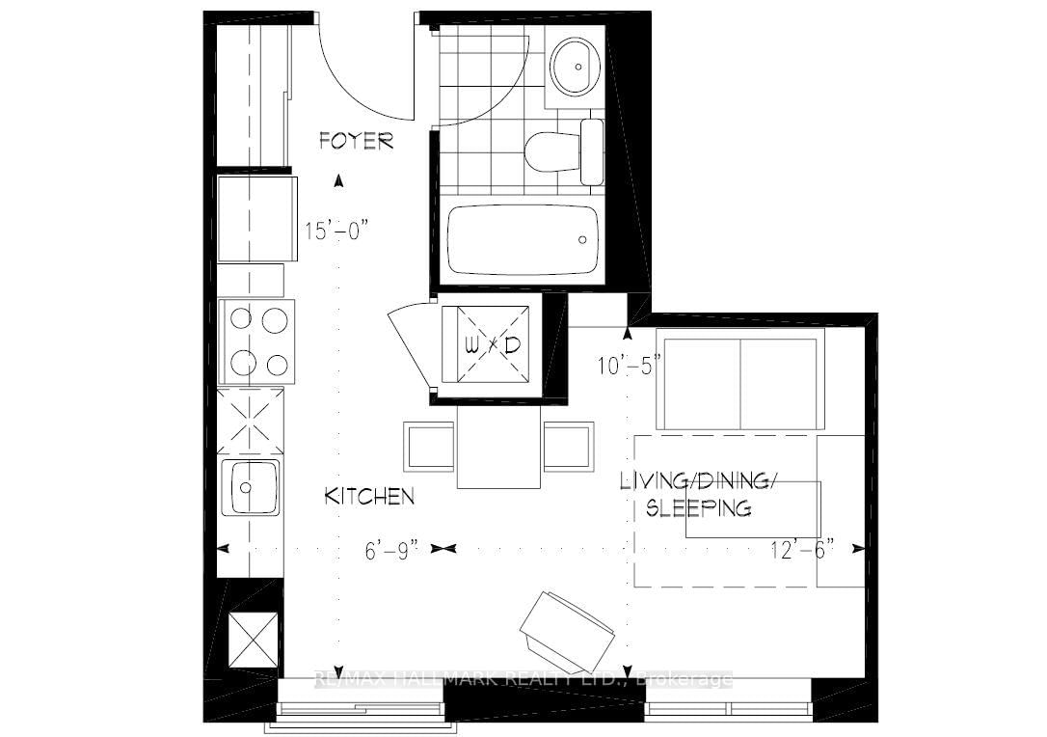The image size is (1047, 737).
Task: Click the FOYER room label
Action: coord(357,142)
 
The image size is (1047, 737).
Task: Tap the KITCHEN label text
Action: coord(369,497)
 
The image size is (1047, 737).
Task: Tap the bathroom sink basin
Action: coord(577,66)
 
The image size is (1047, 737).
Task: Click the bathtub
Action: coord(523,238)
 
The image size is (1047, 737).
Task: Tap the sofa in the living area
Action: coord(739,379)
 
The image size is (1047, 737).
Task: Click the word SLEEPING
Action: coord(698,508)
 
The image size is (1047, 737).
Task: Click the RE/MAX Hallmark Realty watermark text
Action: coord(523,679)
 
